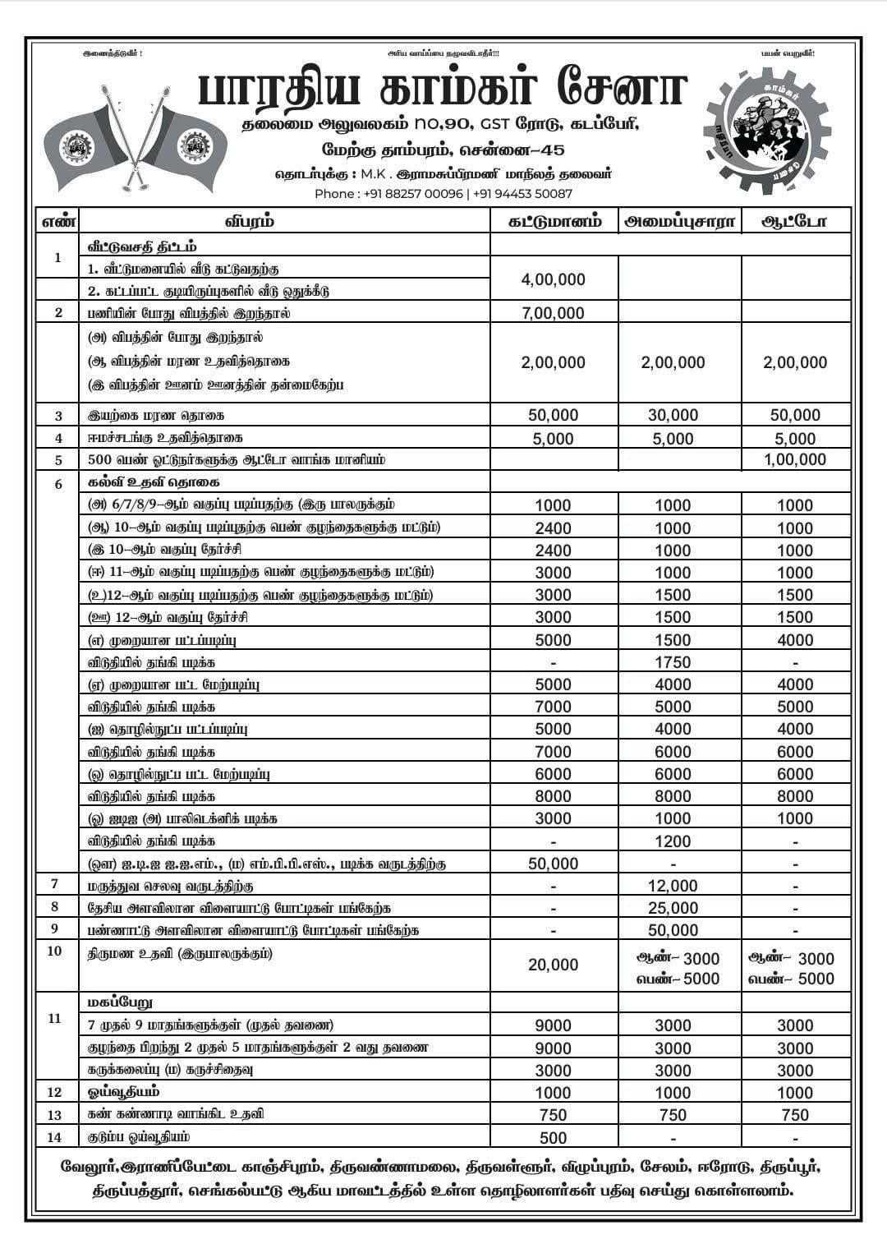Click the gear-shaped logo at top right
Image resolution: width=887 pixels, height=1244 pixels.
768,131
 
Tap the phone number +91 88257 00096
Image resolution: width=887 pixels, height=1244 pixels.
411,194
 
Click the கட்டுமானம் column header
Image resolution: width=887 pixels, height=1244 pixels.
554,221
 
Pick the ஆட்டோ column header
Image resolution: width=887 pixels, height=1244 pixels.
795,221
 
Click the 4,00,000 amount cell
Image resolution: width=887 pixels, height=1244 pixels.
554,279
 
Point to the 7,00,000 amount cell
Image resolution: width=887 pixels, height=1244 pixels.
554,313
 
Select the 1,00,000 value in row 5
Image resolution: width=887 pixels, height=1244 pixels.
795,460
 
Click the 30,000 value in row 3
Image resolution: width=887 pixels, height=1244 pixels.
673,416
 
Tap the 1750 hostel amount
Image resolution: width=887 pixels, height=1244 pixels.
673,662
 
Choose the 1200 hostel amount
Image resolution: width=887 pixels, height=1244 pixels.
673,841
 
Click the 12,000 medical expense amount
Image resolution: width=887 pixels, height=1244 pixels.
673,886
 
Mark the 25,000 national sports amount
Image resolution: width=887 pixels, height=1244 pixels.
673,908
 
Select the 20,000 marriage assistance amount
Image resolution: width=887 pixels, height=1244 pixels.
554,965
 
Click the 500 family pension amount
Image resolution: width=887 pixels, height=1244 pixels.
554,1138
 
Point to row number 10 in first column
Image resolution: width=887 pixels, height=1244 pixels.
55,951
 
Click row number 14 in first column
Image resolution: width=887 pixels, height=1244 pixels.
55,1137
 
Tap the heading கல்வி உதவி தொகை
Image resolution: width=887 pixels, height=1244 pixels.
154,482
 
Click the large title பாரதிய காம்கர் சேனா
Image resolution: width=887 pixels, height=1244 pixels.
442,90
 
